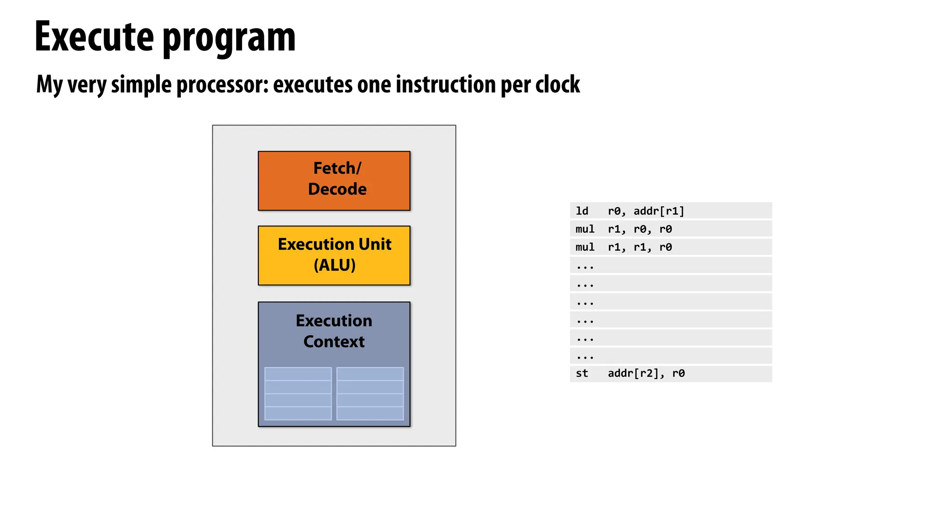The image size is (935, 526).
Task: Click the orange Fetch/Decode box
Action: pyautogui.click(x=334, y=180)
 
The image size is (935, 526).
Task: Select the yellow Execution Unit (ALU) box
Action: pyautogui.click(x=334, y=255)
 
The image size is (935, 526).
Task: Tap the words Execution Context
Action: pyautogui.click(x=334, y=331)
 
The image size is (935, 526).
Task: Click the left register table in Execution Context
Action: pyautogui.click(x=298, y=393)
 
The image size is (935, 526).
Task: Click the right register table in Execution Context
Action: pyautogui.click(x=370, y=393)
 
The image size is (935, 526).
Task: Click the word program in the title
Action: pyautogui.click(x=229, y=38)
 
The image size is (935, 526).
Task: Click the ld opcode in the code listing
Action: pyautogui.click(x=582, y=211)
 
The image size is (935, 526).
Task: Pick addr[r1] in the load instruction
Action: pyautogui.click(x=658, y=211)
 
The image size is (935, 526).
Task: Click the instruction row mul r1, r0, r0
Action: pyautogui.click(x=670, y=229)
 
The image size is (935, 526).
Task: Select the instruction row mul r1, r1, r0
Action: pyautogui.click(x=670, y=247)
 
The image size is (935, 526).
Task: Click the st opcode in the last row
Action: pyautogui.click(x=582, y=373)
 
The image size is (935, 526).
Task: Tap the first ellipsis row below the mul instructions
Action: pyautogui.click(x=670, y=265)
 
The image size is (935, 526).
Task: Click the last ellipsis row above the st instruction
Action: pyautogui.click(x=670, y=356)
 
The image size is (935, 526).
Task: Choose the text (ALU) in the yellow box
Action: pyautogui.click(x=334, y=265)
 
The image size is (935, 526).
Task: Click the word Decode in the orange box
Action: pyautogui.click(x=337, y=189)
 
